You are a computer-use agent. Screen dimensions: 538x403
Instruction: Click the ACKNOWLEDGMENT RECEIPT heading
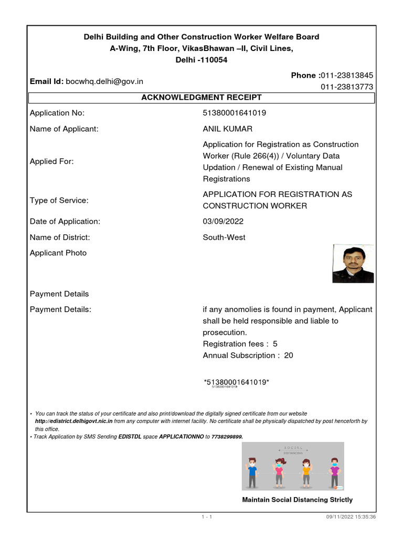click(201, 98)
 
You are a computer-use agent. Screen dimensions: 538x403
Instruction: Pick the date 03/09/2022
click(223, 222)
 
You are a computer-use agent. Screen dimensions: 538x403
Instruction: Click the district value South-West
click(224, 237)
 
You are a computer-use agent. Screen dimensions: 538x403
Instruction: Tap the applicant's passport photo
click(353, 264)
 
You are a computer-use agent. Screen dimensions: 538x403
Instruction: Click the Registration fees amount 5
click(275, 344)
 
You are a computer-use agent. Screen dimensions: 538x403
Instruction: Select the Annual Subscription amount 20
click(289, 356)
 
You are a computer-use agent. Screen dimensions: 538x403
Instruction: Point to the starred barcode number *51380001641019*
click(236, 381)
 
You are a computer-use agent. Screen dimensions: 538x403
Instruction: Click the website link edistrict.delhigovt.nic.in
click(74, 421)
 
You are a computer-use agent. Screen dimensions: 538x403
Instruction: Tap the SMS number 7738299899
click(227, 437)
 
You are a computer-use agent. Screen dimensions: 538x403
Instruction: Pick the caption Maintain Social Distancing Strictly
click(297, 500)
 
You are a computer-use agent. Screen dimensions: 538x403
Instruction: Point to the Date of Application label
click(65, 222)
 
